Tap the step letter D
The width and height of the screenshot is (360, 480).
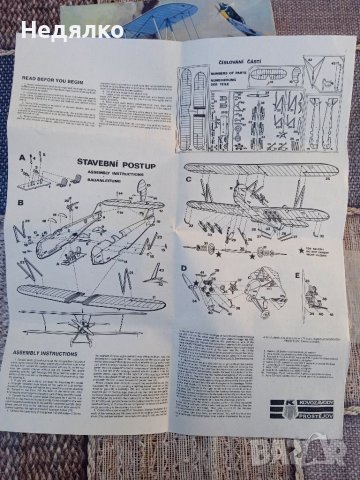pos(186,267)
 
